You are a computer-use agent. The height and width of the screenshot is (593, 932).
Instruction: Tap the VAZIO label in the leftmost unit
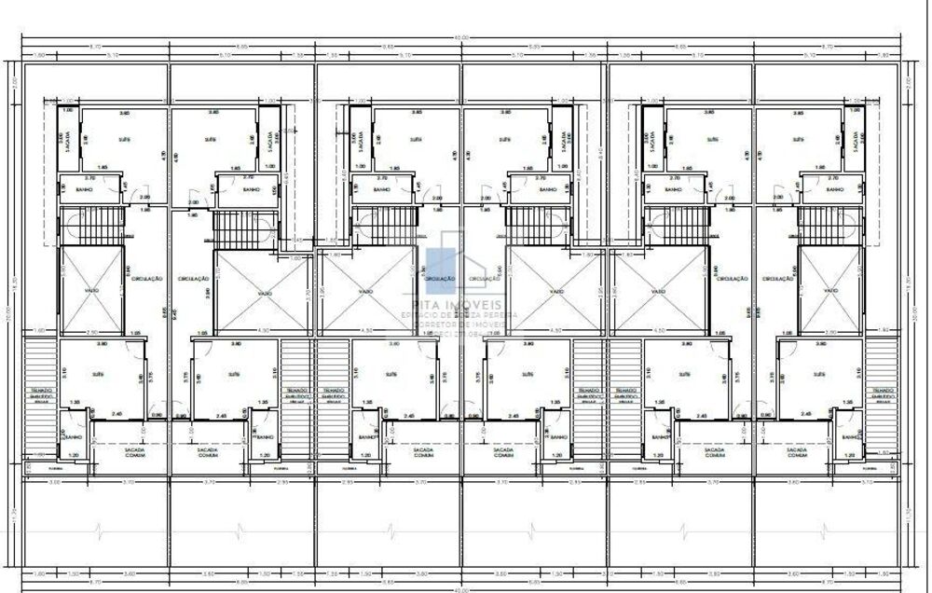click(91, 291)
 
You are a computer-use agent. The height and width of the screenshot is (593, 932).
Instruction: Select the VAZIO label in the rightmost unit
click(829, 291)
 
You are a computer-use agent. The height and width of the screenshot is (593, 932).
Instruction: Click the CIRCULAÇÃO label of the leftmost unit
click(147, 278)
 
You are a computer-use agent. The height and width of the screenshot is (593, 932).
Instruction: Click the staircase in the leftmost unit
click(92, 226)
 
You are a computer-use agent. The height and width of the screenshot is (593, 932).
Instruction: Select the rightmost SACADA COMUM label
click(796, 452)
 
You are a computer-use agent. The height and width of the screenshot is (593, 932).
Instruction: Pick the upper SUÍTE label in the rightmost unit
click(798, 139)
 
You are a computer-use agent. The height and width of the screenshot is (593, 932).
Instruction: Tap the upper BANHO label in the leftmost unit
click(91, 189)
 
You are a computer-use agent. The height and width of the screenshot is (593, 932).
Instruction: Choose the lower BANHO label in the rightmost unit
click(848, 436)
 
